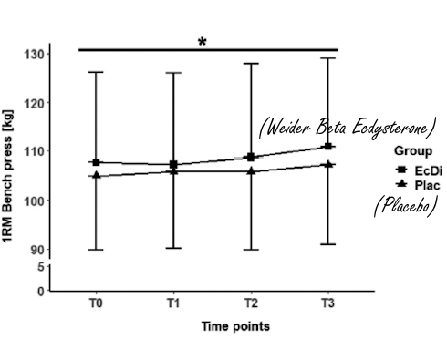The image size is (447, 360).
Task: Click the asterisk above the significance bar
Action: pyautogui.click(x=202, y=42)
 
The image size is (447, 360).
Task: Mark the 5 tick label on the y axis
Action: pyautogui.click(x=40, y=266)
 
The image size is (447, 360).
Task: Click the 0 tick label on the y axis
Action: pyautogui.click(x=40, y=292)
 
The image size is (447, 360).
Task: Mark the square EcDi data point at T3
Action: pyautogui.click(x=327, y=146)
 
